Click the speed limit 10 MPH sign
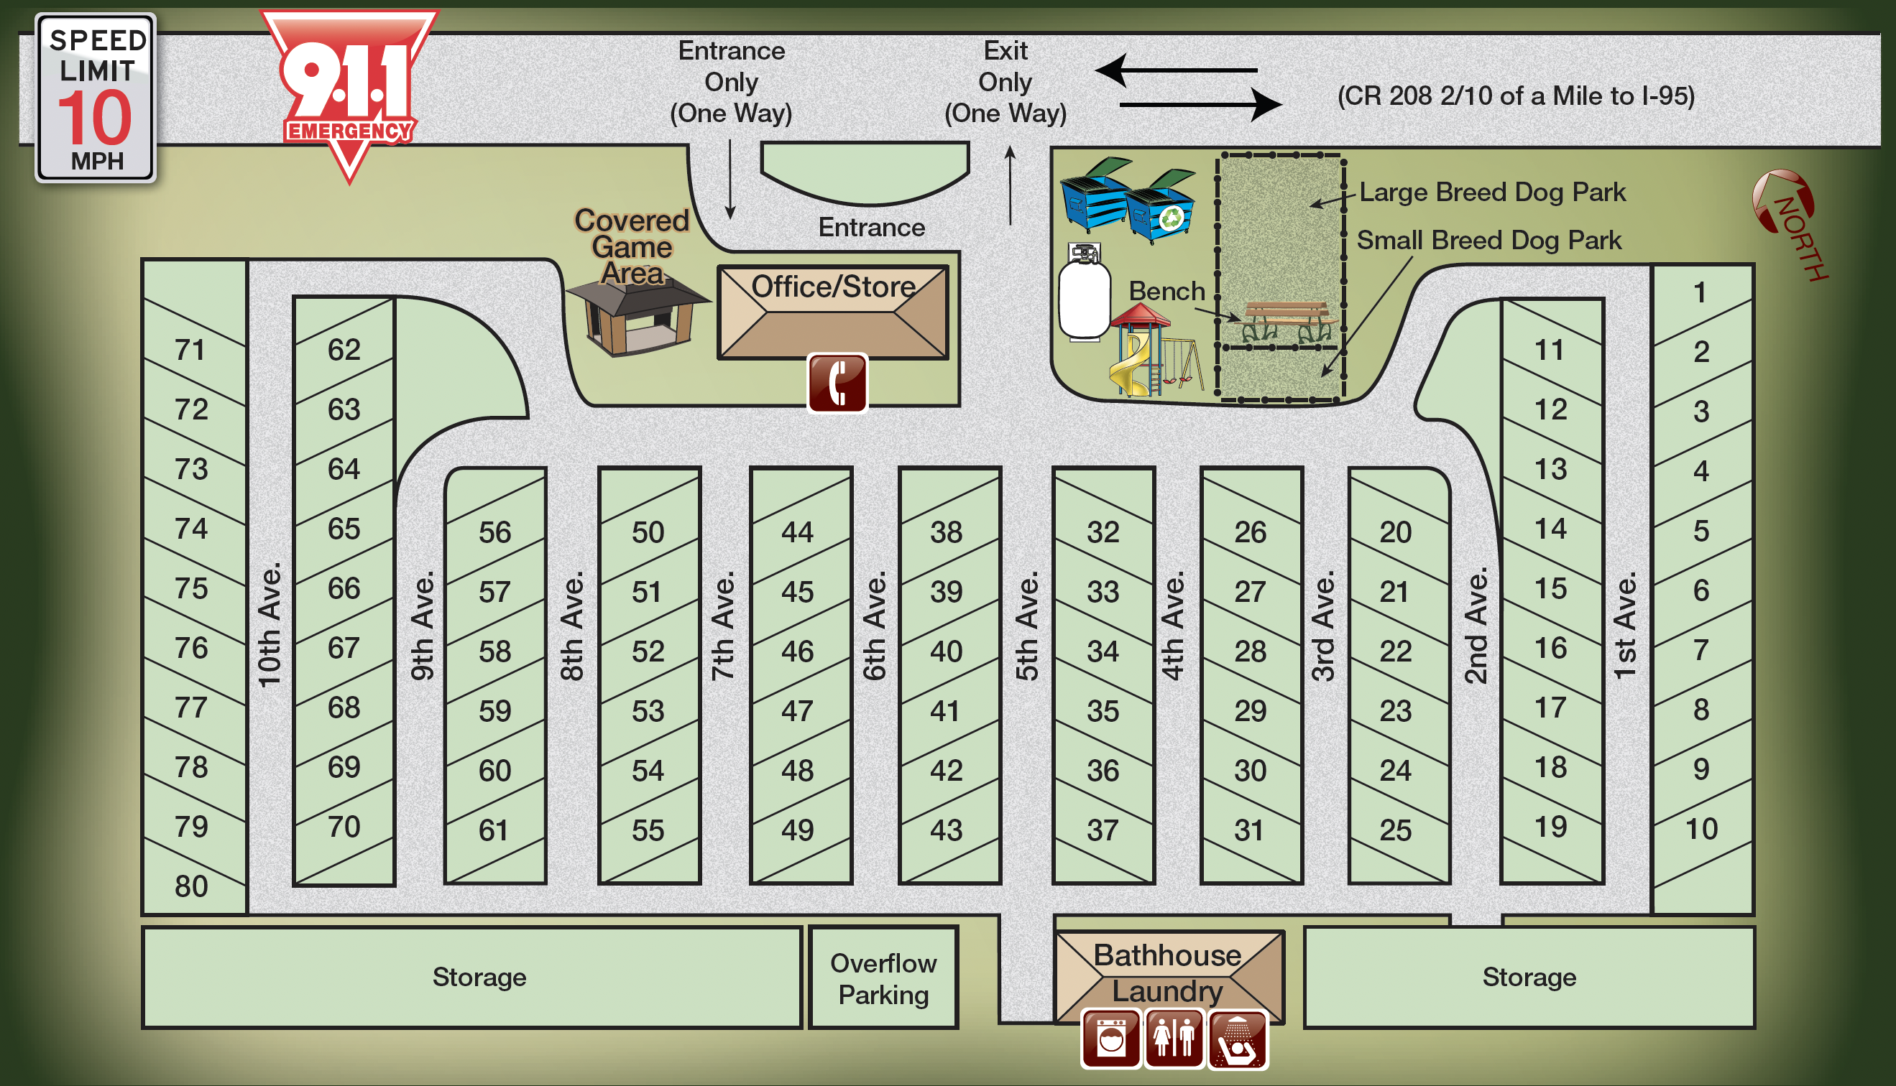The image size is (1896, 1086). point(96,98)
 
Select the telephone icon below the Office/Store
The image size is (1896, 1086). point(837,383)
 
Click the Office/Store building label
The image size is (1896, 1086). point(833,287)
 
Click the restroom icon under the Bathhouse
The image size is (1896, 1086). point(1174,1039)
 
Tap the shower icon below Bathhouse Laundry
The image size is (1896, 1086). point(1237,1039)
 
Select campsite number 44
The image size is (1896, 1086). point(797,532)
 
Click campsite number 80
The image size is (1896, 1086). point(191,886)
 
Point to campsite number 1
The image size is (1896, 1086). point(1700,292)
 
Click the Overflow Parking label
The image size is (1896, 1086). point(883,978)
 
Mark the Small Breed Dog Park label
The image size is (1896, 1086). point(1488,240)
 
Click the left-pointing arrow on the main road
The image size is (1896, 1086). point(1175,70)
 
